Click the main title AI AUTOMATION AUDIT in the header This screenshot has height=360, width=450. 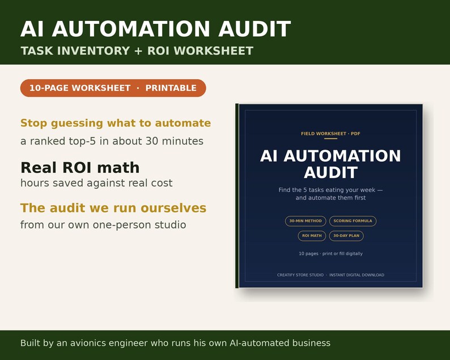click(x=155, y=29)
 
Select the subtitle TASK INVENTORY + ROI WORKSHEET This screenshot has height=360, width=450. click(x=137, y=51)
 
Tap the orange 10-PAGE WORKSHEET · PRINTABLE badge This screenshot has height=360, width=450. click(x=113, y=88)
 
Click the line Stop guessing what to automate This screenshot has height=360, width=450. click(x=116, y=123)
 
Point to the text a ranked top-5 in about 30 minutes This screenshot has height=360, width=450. click(x=112, y=141)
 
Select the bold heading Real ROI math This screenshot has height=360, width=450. click(x=80, y=168)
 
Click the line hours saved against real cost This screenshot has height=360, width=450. click(x=96, y=183)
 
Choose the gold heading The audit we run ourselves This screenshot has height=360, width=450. click(x=113, y=208)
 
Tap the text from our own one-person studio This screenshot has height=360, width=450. click(x=103, y=225)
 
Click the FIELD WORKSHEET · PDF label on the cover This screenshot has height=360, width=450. click(x=330, y=133)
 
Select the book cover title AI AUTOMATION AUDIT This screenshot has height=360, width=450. click(x=330, y=164)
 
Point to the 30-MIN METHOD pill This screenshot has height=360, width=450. click(x=305, y=221)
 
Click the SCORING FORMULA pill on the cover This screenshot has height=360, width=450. click(x=353, y=221)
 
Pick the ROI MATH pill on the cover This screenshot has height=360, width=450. click(x=312, y=236)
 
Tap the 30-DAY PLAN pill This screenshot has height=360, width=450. click(x=346, y=236)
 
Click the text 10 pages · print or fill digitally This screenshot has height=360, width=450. click(x=330, y=253)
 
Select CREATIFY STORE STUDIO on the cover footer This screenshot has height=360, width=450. click(x=300, y=275)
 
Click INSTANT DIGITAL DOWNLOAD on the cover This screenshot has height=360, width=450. click(x=356, y=275)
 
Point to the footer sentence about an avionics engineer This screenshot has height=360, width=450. click(x=175, y=343)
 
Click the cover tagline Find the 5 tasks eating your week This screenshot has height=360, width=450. click(x=330, y=190)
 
